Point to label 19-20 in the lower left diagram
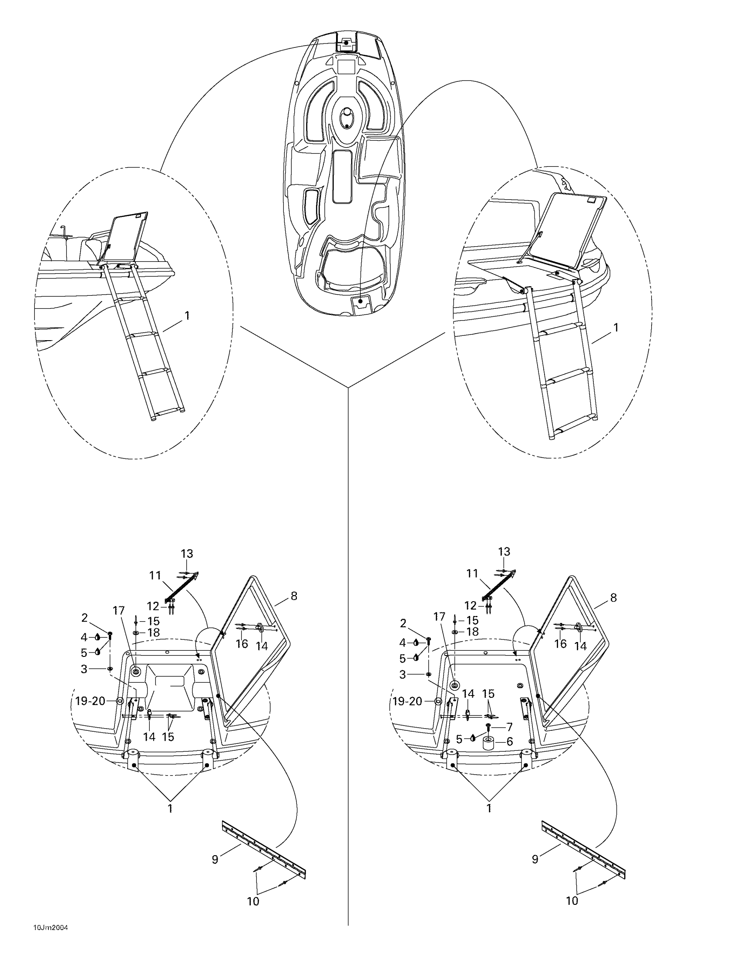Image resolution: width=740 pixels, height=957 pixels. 90,702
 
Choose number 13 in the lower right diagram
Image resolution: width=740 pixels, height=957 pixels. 504,552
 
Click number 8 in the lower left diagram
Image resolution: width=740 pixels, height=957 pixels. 294,596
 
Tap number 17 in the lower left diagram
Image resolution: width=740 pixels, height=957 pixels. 119,610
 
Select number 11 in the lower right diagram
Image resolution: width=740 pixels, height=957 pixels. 472,574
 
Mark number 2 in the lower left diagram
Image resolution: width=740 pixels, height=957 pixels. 84,618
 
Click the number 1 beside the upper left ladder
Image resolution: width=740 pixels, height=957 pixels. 187,315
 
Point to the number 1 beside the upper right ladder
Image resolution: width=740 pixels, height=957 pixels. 616,328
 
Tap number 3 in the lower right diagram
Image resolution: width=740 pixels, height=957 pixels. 403,675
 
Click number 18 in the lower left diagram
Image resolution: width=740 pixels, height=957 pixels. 153,633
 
